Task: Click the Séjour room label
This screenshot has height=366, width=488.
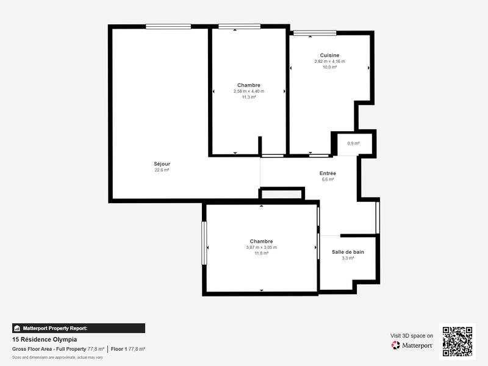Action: coord(162,163)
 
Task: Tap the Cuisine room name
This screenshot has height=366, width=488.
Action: coord(329,55)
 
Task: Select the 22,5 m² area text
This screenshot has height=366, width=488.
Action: coord(162,170)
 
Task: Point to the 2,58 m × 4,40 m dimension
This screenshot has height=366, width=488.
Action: coord(249,91)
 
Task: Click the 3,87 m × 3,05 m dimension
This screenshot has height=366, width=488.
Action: coord(261,247)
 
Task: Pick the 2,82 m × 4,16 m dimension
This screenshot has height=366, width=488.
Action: coord(329,61)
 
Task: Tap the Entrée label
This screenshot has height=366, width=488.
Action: coord(328,173)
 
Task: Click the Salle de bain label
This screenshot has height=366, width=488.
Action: coord(348,252)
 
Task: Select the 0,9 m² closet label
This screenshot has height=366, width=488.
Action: coord(353,143)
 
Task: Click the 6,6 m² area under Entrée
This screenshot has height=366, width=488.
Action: coord(328,179)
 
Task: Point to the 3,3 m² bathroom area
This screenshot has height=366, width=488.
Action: coord(348,258)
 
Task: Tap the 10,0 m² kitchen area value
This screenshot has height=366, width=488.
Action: coord(329,67)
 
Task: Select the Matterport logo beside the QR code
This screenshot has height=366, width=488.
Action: coord(412,345)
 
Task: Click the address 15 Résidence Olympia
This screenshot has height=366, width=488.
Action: coord(45,340)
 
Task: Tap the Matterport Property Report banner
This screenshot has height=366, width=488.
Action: coord(78,328)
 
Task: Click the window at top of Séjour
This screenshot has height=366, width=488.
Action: coord(168,26)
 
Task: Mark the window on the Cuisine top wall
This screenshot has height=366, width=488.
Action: coord(314,33)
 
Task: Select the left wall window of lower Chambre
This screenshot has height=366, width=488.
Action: coord(204,243)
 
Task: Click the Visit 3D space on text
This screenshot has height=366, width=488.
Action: coord(412,335)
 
